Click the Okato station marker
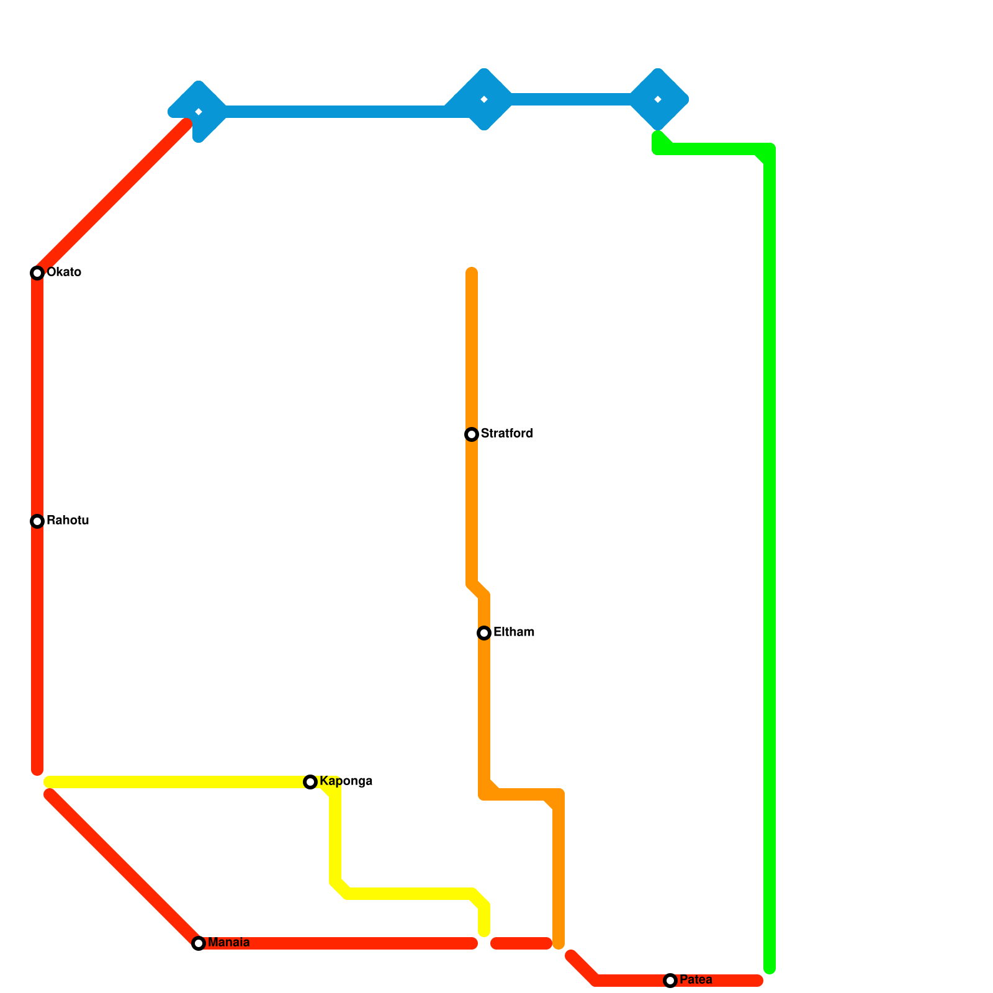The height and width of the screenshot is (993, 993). pos(37,273)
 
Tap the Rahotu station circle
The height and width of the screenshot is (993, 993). pos(37,521)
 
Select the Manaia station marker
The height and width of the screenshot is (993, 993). pos(199,943)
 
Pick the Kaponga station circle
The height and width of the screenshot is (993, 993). pos(310,782)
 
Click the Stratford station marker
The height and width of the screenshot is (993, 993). pos(472,434)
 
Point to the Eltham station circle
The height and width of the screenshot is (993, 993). pos(484,633)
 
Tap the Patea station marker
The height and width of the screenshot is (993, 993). pos(670,981)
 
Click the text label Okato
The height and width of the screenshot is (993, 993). pos(64,272)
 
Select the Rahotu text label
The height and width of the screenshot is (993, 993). pos(68,521)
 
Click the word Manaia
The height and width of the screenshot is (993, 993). pos(228,943)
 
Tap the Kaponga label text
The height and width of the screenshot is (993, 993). pos(346,781)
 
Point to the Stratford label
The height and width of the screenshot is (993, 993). pos(506,434)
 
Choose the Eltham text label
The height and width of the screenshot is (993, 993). pos(514,632)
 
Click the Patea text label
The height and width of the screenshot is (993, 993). pos(696,980)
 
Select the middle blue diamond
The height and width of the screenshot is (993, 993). pos(484,99)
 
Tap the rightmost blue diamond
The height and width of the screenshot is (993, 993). pos(658,99)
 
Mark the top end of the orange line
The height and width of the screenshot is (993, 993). pos(472,272)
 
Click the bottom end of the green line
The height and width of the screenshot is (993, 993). pos(770,968)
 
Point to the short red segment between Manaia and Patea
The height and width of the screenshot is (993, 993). pos(521,943)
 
